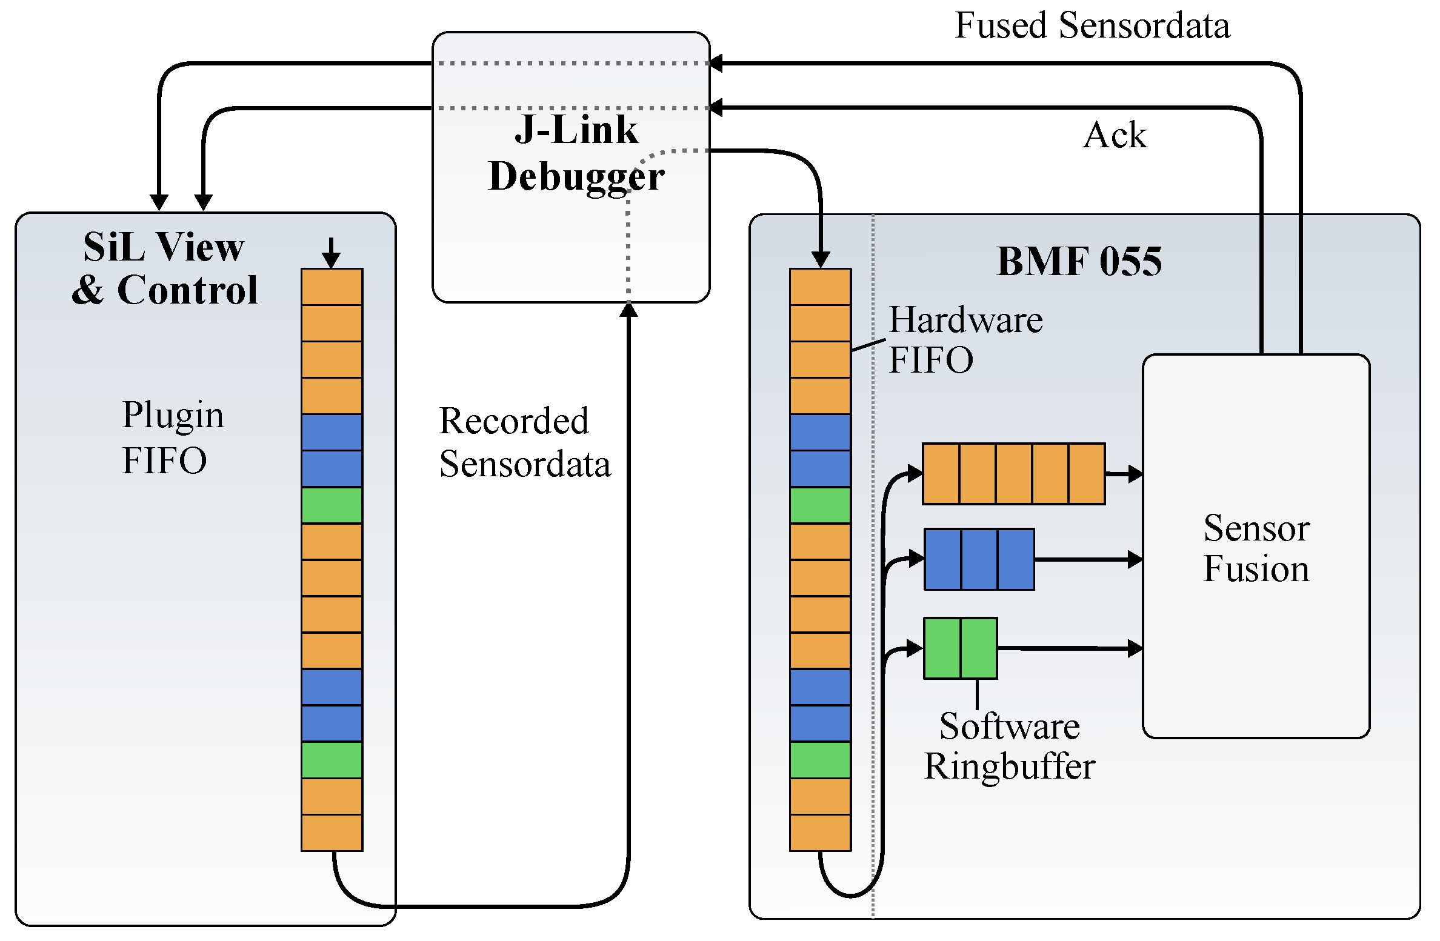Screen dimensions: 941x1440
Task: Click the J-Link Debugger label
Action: (576, 153)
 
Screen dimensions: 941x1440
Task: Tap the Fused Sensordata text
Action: (1092, 26)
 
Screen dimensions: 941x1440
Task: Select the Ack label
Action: (1115, 135)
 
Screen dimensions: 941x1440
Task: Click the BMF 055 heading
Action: (1079, 262)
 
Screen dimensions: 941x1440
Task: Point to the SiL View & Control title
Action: (164, 268)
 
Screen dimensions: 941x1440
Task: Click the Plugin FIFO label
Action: (172, 437)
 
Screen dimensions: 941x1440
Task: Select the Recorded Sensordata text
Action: (524, 442)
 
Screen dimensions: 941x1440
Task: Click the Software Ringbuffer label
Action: (1009, 746)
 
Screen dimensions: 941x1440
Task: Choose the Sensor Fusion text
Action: (1256, 548)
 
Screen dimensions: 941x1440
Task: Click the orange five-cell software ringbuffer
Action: (1013, 474)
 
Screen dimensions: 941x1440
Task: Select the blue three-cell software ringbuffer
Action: (979, 559)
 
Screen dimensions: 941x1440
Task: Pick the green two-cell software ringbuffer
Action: (960, 648)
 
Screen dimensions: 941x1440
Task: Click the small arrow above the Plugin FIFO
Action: (331, 253)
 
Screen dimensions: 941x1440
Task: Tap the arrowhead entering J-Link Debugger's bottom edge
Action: (628, 310)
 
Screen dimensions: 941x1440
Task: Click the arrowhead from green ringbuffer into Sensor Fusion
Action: (1135, 648)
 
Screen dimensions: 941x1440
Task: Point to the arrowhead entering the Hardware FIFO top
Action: (820, 260)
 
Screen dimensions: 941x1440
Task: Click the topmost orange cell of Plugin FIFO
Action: (332, 287)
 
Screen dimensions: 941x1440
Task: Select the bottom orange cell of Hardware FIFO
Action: (820, 833)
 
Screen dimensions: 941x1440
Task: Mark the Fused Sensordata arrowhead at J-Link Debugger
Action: (716, 63)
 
